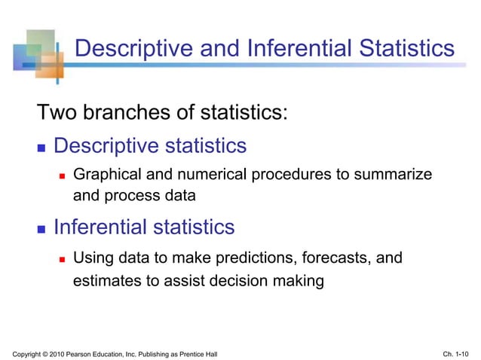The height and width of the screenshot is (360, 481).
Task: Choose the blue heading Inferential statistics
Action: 144,227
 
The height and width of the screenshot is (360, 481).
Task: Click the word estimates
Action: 104,282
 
